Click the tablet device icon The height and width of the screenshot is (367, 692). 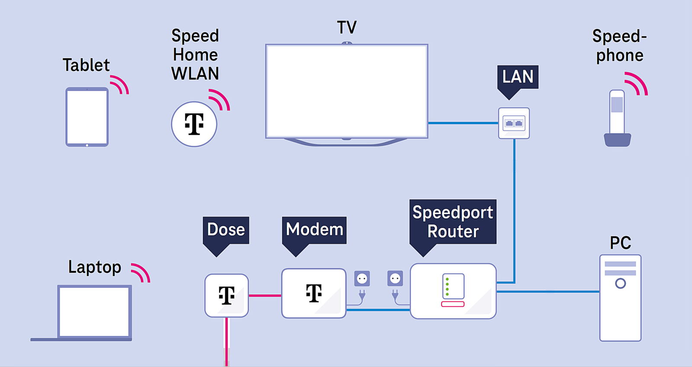tap(87, 117)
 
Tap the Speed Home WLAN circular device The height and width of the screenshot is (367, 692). tap(194, 124)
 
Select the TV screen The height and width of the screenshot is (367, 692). tap(346, 91)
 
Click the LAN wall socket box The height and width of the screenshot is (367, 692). tap(514, 123)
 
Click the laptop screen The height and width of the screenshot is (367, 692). tap(94, 312)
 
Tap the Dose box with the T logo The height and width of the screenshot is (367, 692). tap(227, 296)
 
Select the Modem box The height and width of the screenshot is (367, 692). tap(314, 293)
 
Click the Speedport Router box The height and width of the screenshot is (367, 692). tap(453, 291)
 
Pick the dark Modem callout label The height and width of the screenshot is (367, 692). tap(314, 229)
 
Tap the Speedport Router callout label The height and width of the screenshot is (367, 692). tap(453, 222)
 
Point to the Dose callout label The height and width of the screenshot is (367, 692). tap(226, 229)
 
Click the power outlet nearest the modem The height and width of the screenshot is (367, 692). tap(362, 279)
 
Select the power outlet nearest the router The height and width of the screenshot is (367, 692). tap(395, 279)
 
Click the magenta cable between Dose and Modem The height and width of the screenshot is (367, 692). tap(265, 296)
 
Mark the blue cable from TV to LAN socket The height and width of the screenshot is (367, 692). tap(463, 123)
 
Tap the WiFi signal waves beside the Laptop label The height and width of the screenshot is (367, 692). tap(141, 273)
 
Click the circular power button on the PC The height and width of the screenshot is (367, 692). tap(620, 283)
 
